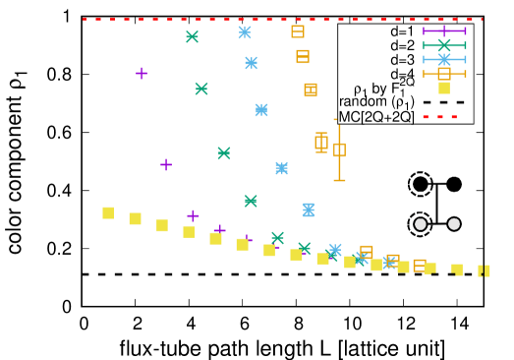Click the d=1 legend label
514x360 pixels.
(402, 31)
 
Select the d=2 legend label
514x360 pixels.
(402, 45)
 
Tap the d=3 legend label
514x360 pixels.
(402, 60)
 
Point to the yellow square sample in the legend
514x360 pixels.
(444, 88)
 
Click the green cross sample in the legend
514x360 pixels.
(444, 45)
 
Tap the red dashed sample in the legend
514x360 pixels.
(444, 116)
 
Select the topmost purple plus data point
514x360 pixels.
(142, 73)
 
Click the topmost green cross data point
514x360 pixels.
(192, 36)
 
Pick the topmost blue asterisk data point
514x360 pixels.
(245, 32)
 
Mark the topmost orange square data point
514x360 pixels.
(298, 31)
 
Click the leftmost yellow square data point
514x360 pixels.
(108, 212)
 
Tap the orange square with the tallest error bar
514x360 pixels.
(339, 150)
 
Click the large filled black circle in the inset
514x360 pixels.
(422, 184)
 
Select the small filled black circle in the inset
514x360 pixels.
(454, 184)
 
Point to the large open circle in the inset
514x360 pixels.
(422, 224)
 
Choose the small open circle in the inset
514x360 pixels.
(454, 224)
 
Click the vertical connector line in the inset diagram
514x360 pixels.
(437, 205)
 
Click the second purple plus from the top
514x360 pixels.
(166, 164)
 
